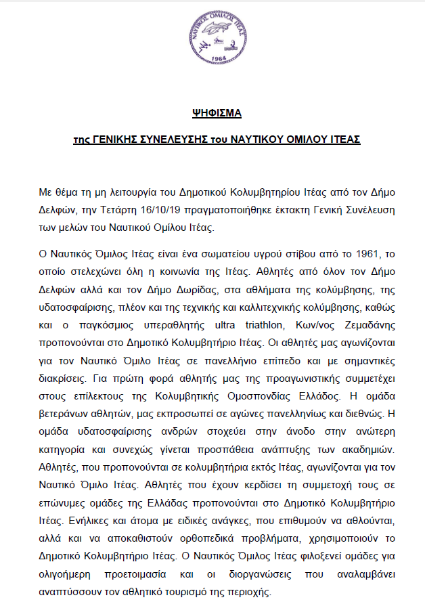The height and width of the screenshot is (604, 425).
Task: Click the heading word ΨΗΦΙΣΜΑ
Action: pyautogui.click(x=213, y=111)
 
